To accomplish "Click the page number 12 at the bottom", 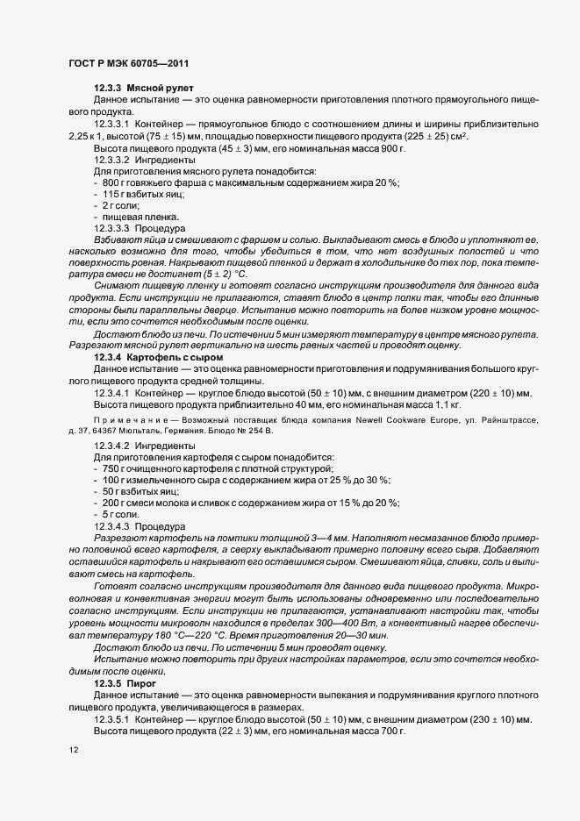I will [73, 751].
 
